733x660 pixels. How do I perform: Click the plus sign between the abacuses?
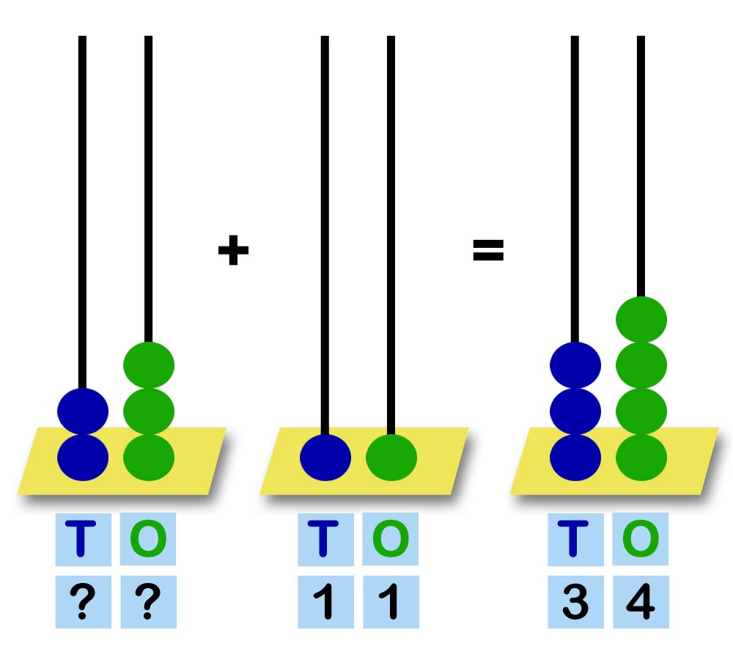233,252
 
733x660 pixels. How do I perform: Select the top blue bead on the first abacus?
83,411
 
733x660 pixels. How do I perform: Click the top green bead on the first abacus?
149,365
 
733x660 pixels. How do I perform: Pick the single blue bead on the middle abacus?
325,458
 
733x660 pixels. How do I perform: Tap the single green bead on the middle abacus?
391,458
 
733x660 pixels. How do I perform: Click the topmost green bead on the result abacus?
641,320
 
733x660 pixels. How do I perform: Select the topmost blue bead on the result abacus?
575,365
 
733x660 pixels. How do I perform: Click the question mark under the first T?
83,602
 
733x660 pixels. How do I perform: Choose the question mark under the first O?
148,602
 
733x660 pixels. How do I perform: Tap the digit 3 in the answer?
575,602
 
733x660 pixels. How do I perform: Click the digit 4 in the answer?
641,602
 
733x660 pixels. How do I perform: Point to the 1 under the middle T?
325,602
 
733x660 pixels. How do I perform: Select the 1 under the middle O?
391,602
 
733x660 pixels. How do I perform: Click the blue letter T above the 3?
575,539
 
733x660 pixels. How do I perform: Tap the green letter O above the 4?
641,539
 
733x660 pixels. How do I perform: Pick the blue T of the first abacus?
83,539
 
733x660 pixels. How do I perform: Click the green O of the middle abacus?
391,539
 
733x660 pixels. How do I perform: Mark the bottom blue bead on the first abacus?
83,458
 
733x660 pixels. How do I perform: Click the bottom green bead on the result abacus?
641,458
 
